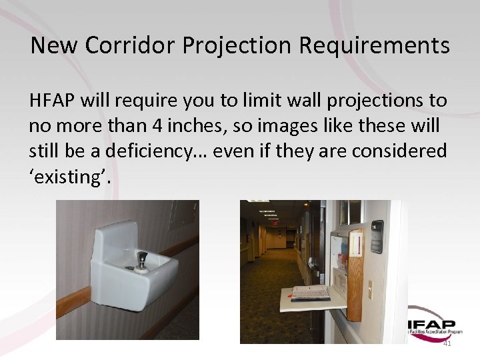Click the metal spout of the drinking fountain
point(142,257)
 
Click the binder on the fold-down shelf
point(311,292)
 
